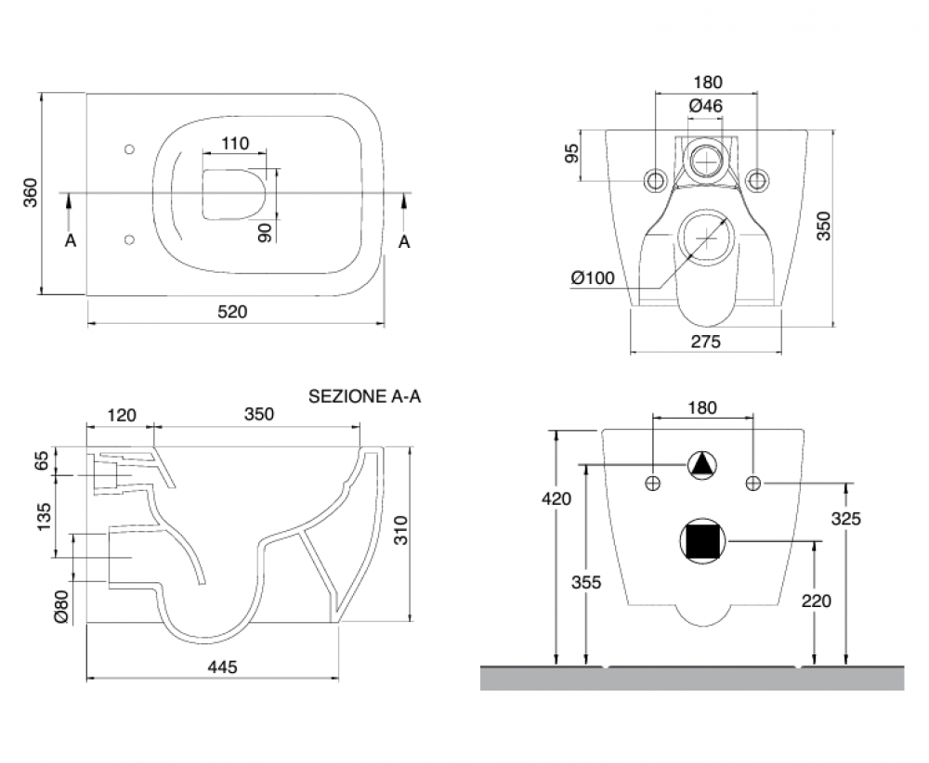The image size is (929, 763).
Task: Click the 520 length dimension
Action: click(x=232, y=311)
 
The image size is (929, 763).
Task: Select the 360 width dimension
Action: click(x=31, y=192)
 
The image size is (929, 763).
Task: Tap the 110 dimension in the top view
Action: click(x=235, y=143)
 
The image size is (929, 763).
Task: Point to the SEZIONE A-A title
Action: click(x=364, y=396)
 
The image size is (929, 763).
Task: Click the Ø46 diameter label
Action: click(x=706, y=106)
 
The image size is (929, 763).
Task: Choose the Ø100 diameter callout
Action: click(x=593, y=278)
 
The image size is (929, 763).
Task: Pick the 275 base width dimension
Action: click(x=706, y=342)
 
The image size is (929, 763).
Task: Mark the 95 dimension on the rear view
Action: click(x=571, y=155)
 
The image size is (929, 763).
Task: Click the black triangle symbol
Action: click(x=702, y=465)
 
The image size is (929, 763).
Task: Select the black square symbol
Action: click(x=702, y=541)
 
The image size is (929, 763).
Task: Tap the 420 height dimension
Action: click(x=556, y=499)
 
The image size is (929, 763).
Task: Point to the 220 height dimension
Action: click(x=817, y=601)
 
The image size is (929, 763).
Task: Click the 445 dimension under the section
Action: click(x=222, y=667)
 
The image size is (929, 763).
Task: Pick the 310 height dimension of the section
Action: click(x=401, y=530)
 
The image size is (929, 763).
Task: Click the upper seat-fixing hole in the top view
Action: click(x=130, y=149)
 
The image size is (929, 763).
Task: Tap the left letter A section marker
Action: click(x=71, y=241)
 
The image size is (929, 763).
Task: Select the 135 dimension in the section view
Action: click(x=44, y=517)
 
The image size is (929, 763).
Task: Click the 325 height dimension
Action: click(x=846, y=519)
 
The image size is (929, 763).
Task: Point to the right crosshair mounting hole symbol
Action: click(x=753, y=483)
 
